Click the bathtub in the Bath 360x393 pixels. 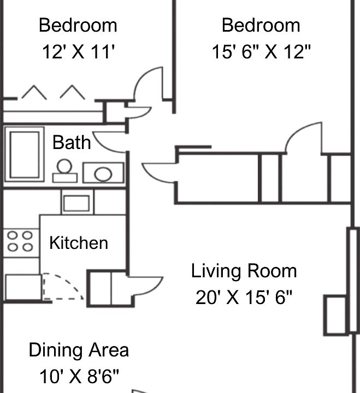(x=25, y=155)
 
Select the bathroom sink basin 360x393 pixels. (x=103, y=174)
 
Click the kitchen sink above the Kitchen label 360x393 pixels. (x=76, y=203)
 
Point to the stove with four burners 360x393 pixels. (x=20, y=241)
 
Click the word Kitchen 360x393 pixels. (x=79, y=243)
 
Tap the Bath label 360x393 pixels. (x=72, y=143)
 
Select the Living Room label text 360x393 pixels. (x=244, y=271)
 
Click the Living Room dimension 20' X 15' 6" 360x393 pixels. (x=244, y=297)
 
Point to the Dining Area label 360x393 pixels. (x=79, y=350)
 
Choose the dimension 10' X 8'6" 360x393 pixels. (x=79, y=377)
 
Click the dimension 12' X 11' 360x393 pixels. (x=78, y=52)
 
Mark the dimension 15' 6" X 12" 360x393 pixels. (x=261, y=52)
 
